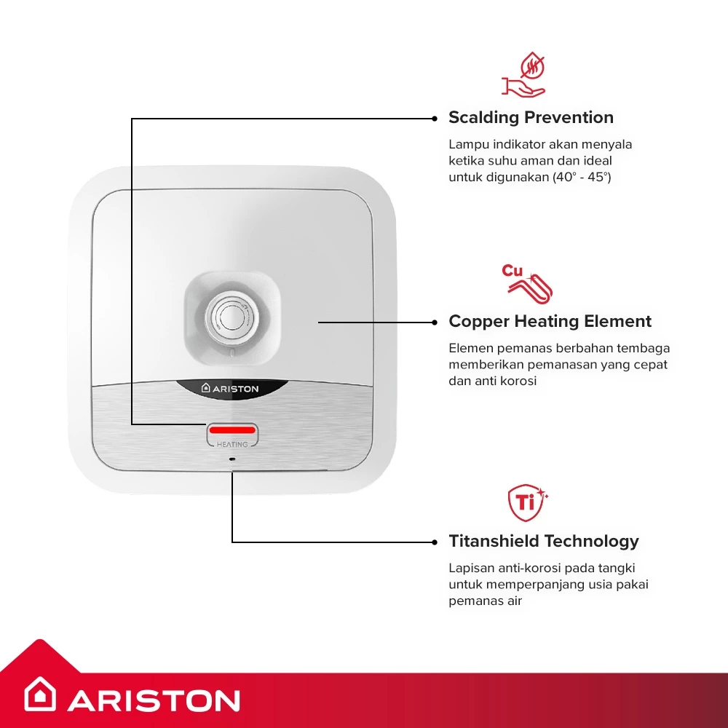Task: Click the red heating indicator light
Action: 232,430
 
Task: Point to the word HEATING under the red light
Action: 232,444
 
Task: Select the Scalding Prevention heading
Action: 531,117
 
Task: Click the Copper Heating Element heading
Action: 550,321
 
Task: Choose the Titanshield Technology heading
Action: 544,542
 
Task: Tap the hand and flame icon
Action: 524,74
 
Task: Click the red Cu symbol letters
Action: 512,270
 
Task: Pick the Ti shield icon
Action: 526,502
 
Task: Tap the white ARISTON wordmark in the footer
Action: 154,700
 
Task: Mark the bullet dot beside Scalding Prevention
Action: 435,119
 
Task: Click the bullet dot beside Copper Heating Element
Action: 435,323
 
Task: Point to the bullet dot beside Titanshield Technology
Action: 435,542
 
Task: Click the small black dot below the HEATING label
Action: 232,459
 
